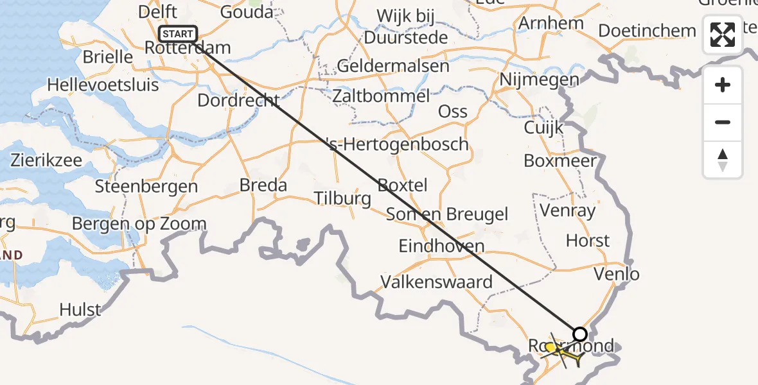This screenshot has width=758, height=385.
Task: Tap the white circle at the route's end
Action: click(579, 334)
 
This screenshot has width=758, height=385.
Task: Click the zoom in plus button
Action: click(723, 85)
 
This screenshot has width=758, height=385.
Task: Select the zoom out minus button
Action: click(723, 122)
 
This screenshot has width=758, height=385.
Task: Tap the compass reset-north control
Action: click(723, 159)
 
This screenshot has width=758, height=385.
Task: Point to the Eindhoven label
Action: click(441, 246)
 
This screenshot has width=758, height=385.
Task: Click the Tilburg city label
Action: click(342, 198)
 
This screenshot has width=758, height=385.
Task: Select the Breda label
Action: click(263, 185)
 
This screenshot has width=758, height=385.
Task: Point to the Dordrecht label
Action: click(238, 101)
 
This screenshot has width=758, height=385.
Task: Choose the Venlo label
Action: click(616, 275)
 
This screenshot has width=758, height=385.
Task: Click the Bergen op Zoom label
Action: click(139, 224)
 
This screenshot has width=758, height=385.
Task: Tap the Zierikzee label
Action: click(46, 160)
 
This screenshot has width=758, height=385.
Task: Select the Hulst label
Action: click(80, 310)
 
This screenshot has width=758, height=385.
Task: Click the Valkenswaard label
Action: click(436, 282)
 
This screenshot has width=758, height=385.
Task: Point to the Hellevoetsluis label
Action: click(103, 84)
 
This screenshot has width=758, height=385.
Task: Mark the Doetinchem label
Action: click(647, 31)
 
